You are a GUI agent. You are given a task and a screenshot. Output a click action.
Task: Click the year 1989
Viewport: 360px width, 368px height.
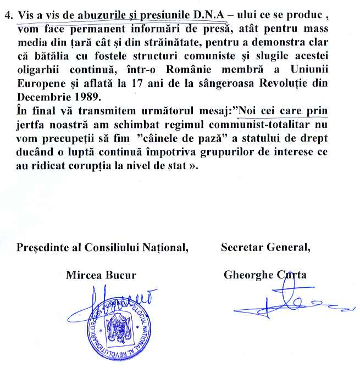point(84,97)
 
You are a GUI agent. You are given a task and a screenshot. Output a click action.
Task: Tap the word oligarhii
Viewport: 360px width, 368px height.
point(38,71)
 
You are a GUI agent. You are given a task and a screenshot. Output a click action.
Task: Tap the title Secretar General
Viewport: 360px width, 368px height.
point(265,247)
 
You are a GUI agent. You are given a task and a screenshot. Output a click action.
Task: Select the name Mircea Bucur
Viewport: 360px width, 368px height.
point(101,275)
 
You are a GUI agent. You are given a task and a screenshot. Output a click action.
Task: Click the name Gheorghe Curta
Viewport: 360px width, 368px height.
point(265,275)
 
